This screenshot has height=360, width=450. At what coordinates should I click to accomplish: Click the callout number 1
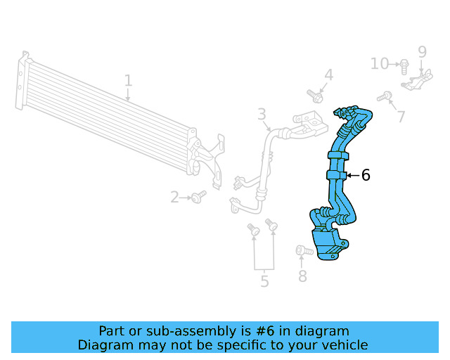coord(128,81)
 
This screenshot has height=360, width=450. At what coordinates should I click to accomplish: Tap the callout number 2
coord(175,198)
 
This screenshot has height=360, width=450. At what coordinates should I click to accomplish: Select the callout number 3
coord(261,114)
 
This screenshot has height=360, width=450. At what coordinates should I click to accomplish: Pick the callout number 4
coord(328,76)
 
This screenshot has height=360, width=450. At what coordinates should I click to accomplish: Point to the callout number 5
coord(264,282)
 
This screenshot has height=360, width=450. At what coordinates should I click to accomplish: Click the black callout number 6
coord(366,175)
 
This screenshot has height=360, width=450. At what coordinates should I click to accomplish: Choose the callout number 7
coord(401,117)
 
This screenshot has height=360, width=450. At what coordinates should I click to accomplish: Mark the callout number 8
coord(302,276)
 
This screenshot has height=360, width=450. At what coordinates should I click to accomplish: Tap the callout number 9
coord(423,51)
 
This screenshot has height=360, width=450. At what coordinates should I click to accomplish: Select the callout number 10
coord(380,64)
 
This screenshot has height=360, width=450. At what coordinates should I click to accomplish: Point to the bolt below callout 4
coord(314,94)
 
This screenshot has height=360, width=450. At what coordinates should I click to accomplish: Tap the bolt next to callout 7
coord(384,96)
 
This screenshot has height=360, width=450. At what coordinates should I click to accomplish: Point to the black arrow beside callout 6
coord(352,175)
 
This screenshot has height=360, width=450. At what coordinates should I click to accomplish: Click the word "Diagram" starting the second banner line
coord(104,345)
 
